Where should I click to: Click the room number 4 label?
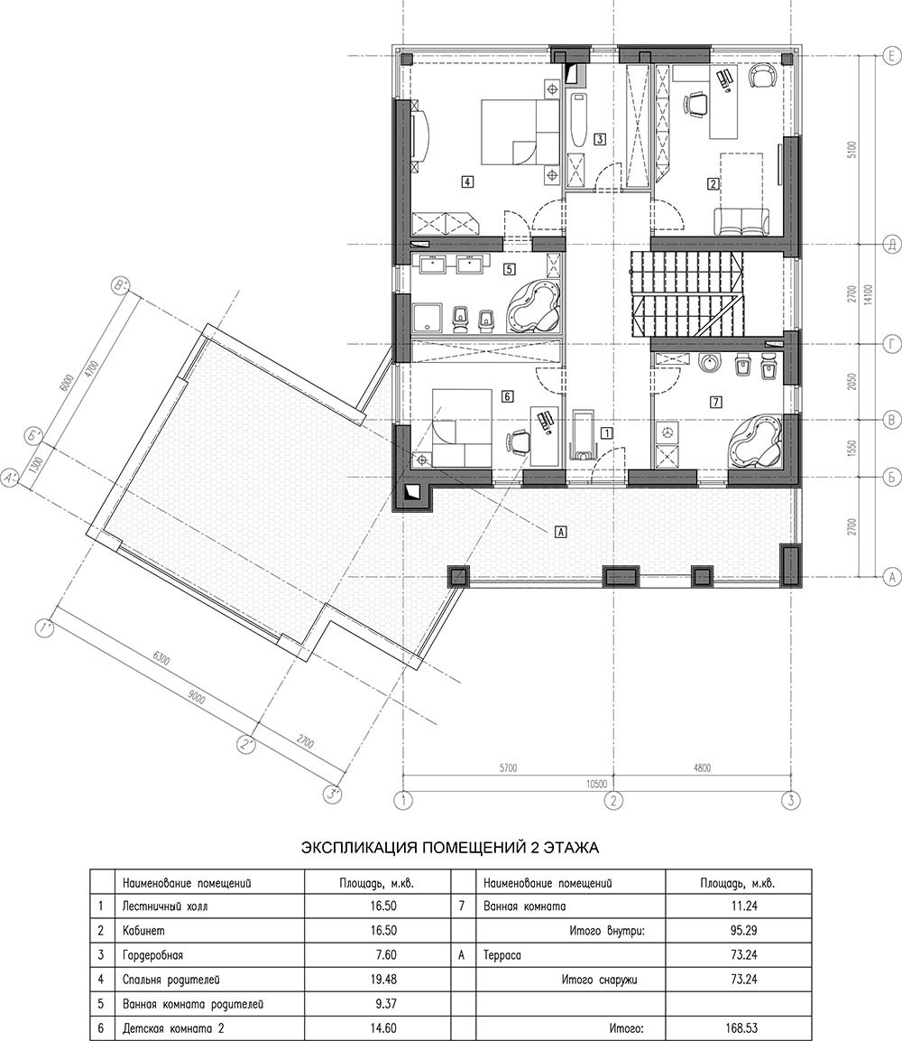[x=467, y=181]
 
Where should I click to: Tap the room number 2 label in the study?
[x=713, y=184]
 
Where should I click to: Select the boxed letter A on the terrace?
[x=561, y=531]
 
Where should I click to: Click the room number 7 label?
[x=715, y=401]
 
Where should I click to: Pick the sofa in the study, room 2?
[x=741, y=222]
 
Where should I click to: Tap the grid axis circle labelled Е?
[x=892, y=58]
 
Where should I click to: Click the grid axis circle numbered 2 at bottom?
[x=614, y=800]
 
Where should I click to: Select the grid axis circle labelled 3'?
[x=332, y=794]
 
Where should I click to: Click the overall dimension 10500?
[x=596, y=784]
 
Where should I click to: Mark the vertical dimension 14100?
[x=869, y=293]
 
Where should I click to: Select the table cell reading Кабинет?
[x=144, y=931]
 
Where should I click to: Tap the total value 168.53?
[x=741, y=1028]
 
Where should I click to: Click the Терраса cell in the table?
[x=502, y=955]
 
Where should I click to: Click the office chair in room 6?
[x=519, y=441]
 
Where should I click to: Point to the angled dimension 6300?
[x=161, y=660]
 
